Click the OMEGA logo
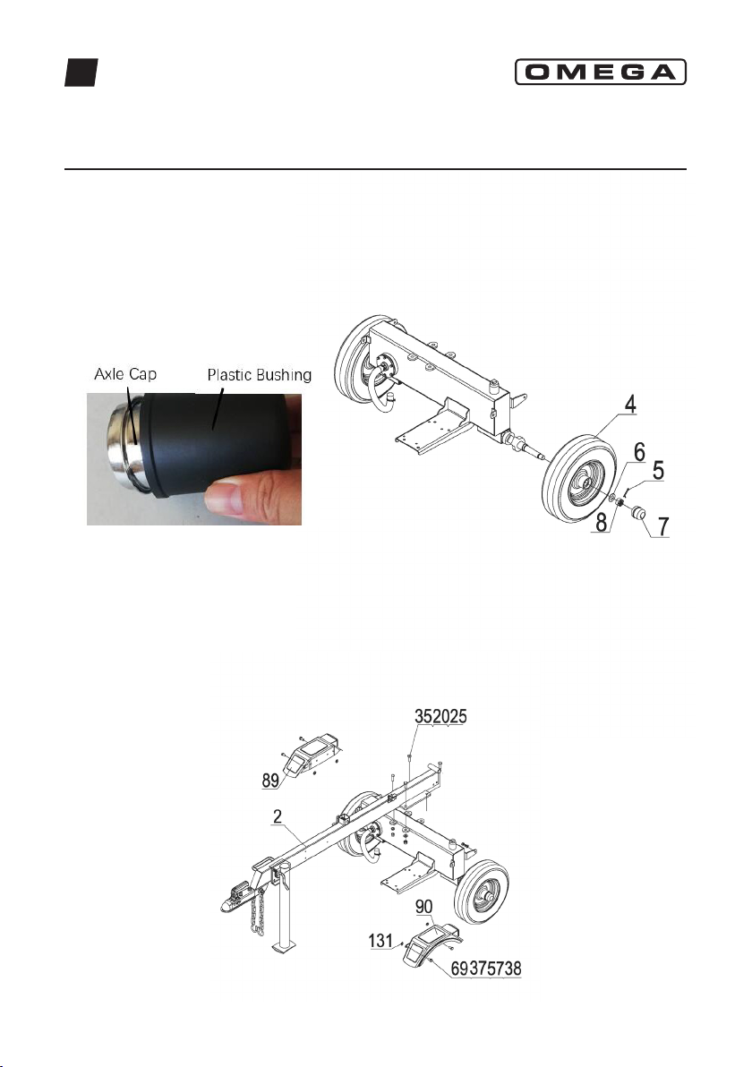tap(600, 72)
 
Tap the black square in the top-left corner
tap(81, 73)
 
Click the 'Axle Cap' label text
tap(125, 373)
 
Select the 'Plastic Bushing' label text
tap(260, 375)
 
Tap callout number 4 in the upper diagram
tap(631, 405)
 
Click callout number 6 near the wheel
tap(639, 451)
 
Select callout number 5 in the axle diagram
tap(658, 470)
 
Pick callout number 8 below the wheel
tap(602, 523)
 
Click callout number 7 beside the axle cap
tap(662, 526)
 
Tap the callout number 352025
tap(441, 716)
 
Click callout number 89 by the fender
tap(271, 780)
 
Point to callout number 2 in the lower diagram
tap(278, 816)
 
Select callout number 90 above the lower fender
tap(424, 908)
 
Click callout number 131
tap(381, 941)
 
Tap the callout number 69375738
tap(487, 969)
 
